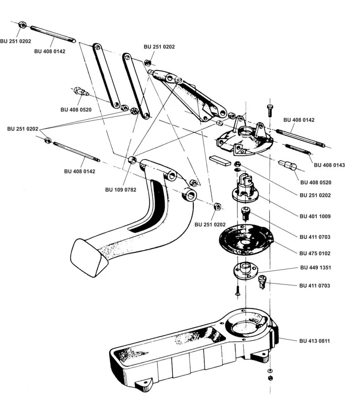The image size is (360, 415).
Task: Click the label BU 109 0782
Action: [121, 190]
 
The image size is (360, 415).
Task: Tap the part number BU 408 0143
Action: [329, 165]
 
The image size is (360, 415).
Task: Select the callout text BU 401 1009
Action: [315, 216]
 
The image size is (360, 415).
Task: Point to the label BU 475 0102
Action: [315, 253]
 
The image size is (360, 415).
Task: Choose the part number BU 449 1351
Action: [315, 268]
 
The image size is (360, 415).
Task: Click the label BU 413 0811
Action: [315, 341]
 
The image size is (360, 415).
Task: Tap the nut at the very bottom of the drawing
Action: [270, 378]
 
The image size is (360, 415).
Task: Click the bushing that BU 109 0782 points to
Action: [132, 160]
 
